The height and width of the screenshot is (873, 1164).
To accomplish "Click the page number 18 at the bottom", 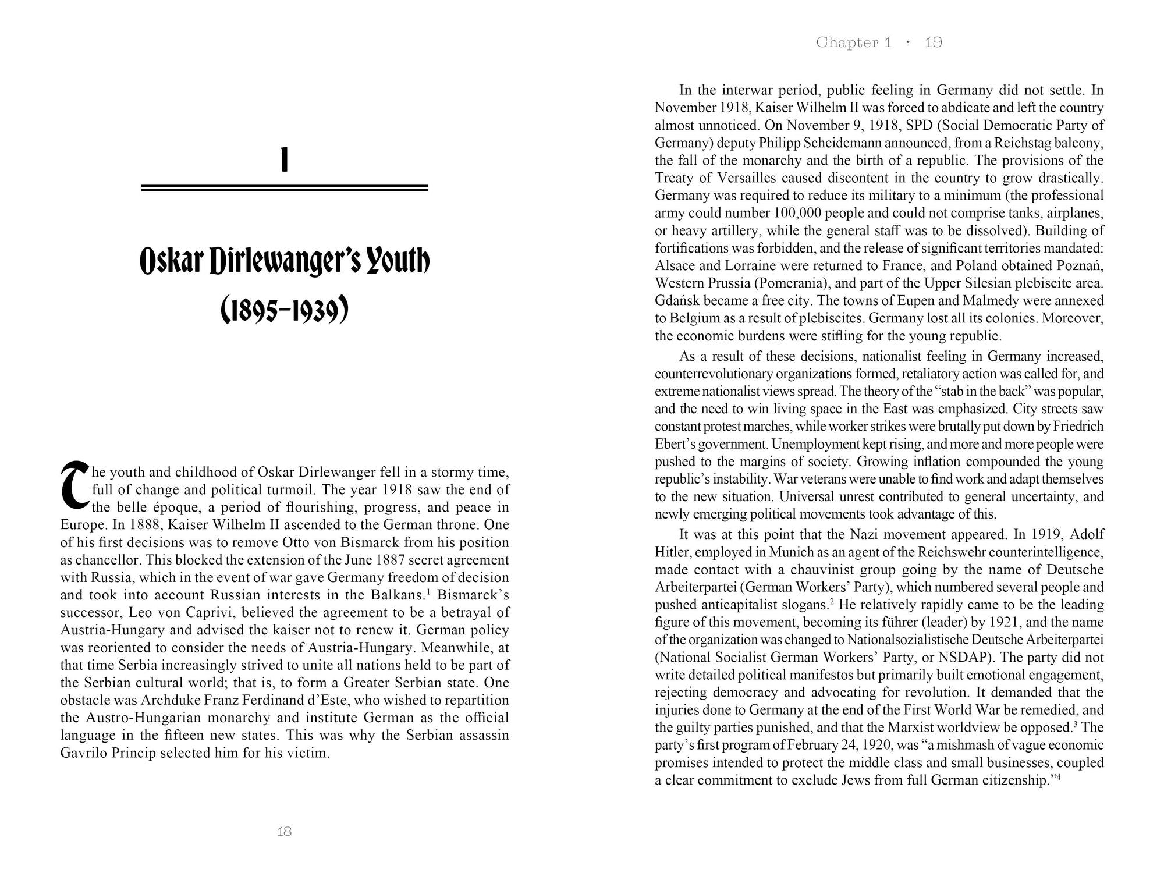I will [x=284, y=832].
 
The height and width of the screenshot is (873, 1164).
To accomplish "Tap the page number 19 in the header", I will [x=933, y=42].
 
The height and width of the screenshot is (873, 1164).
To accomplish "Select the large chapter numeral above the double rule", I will [x=285, y=160].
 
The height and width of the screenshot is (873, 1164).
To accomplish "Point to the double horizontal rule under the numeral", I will [x=285, y=188].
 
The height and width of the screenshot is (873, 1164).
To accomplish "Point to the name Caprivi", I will [x=210, y=612].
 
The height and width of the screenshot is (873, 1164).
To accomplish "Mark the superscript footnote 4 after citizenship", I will [x=1067, y=776].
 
